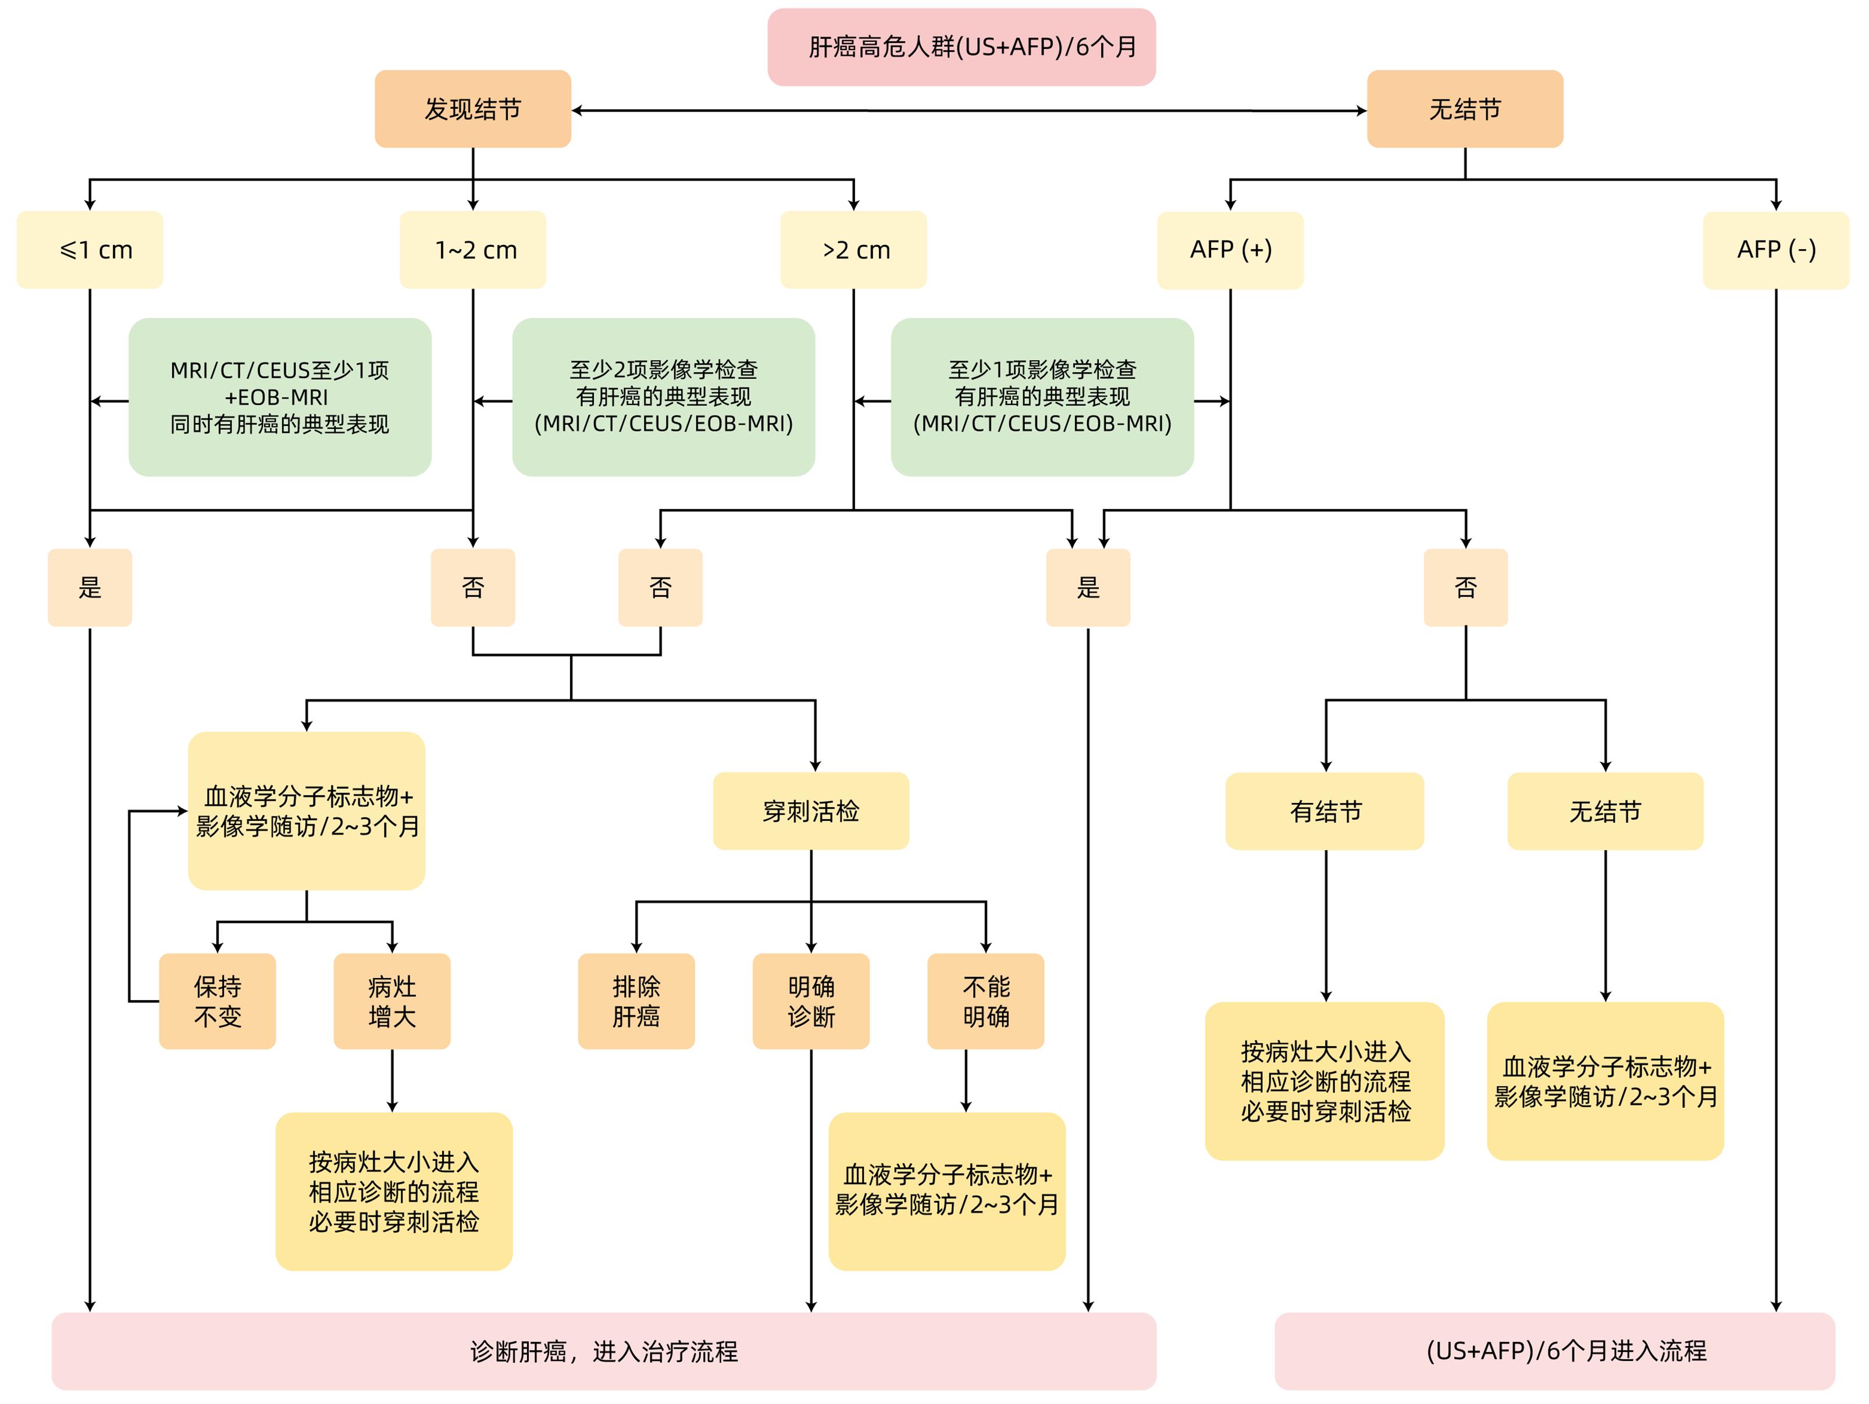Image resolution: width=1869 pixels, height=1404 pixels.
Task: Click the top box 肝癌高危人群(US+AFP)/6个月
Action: coord(961,47)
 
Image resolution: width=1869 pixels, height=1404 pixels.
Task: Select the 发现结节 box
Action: coord(472,109)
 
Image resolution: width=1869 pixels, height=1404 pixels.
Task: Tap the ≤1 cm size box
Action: coord(90,250)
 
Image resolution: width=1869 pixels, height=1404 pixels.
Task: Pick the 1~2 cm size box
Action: coord(472,250)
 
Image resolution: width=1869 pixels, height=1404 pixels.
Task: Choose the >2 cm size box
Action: coord(853,250)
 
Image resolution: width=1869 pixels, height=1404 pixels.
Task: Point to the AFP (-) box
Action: coord(1775,250)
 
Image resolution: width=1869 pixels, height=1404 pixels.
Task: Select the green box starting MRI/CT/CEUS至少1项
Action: coord(280,397)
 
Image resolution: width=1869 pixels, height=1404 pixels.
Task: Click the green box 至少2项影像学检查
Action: coord(663,397)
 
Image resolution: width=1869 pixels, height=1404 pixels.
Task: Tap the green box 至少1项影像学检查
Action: coord(1042,397)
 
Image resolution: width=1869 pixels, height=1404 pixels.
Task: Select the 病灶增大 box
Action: coord(392,1001)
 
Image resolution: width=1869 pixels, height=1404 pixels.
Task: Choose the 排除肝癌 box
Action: coord(636,1001)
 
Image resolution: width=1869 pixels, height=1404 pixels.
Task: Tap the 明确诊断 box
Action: coord(811,1001)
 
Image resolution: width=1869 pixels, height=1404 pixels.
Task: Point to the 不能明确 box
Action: coord(985,1001)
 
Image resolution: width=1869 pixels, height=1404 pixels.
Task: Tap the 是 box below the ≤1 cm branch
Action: coord(90,588)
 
